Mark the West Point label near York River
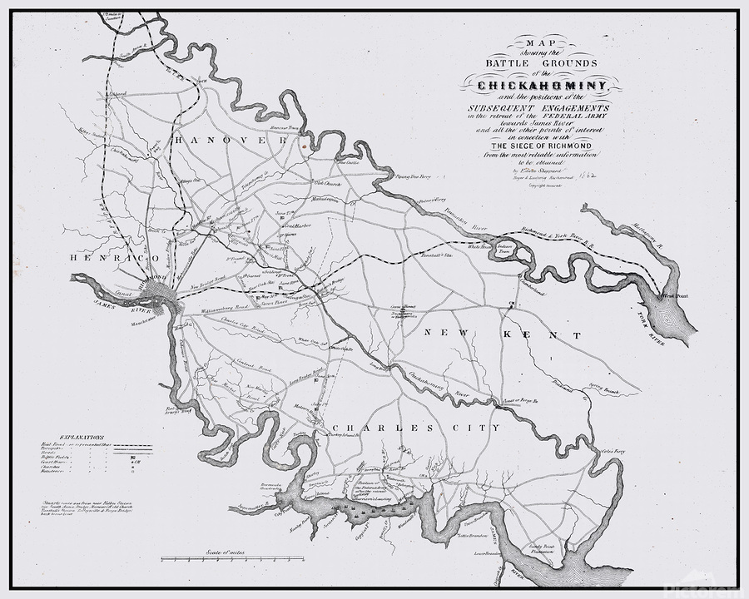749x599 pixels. click(668, 295)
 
